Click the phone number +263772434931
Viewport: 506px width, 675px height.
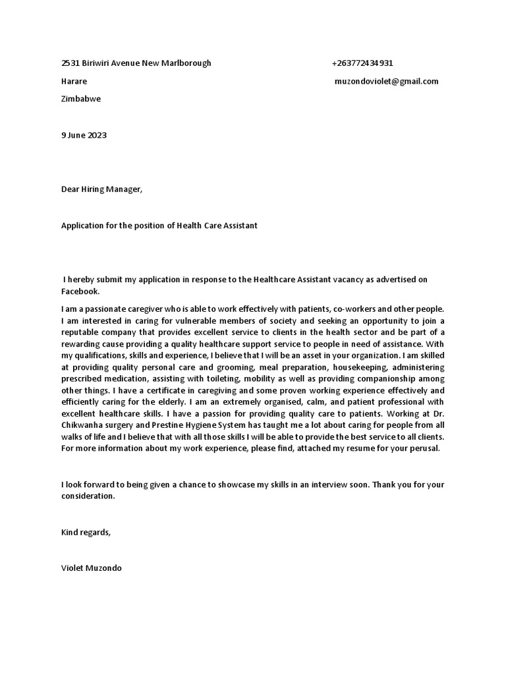tap(362, 63)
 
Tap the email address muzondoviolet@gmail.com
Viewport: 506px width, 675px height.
tap(387, 81)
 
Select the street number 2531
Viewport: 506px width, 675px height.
tap(70, 63)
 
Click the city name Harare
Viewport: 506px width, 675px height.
tap(74, 81)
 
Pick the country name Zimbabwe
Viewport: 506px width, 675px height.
tap(81, 99)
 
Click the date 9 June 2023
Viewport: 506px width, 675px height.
tap(84, 135)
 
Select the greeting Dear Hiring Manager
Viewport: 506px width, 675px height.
tap(101, 189)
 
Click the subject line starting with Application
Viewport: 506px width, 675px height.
tap(159, 225)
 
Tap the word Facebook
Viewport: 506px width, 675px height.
tap(80, 291)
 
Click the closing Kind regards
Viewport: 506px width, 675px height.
tap(86, 532)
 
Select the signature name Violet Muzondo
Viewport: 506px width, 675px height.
tap(91, 568)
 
